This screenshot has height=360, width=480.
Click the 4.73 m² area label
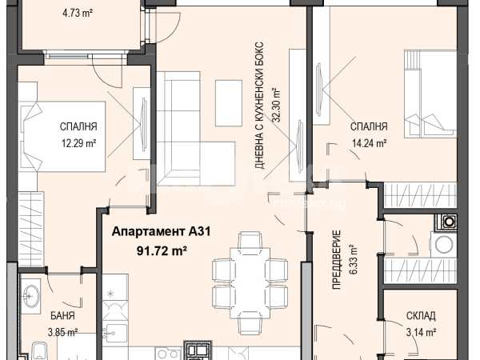[78, 13]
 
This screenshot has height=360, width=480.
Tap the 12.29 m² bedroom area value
[79, 143]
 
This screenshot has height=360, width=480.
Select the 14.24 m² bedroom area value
[368, 143]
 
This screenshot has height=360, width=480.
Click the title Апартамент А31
[162, 231]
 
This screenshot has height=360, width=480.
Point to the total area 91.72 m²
[162, 251]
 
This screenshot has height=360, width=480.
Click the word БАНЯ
[62, 316]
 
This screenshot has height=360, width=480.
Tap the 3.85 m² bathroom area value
[62, 332]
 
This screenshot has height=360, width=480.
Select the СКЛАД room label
[421, 316]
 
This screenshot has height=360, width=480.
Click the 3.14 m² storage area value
[422, 332]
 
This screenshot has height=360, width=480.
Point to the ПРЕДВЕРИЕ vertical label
[337, 260]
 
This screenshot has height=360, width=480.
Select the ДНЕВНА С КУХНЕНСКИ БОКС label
[259, 106]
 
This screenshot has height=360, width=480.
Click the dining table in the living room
[250, 283]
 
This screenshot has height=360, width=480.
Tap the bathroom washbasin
[30, 296]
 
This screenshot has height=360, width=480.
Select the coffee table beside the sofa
[229, 103]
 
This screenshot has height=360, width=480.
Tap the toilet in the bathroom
[39, 351]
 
